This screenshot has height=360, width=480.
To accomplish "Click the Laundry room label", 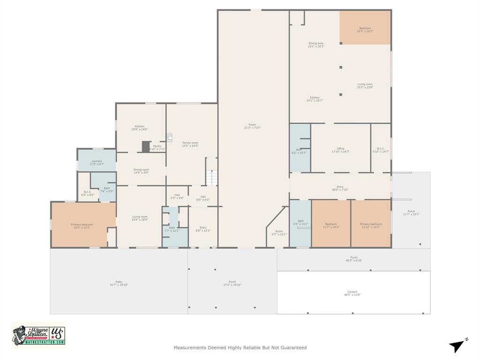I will point(97,163).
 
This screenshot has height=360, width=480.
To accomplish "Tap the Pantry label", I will point(157,147).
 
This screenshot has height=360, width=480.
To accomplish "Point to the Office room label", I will point(340,150).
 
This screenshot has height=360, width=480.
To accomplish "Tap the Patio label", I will point(119,283).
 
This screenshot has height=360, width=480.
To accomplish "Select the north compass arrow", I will point(457,345).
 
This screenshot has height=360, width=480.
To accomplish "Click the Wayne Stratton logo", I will point(38,335).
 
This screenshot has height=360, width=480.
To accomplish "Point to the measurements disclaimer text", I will point(240,348).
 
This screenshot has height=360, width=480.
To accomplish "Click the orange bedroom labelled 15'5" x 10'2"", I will point(365,30).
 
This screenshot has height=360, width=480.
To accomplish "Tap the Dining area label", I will point(316,45).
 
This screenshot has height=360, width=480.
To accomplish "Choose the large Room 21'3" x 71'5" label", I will point(252,126).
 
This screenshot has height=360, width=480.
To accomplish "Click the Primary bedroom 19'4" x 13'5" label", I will point(82,226).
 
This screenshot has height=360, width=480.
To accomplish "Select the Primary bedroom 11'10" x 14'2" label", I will point(371,225).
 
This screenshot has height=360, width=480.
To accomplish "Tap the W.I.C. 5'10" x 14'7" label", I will point(381,150).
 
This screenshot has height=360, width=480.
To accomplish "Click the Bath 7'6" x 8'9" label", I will point(107,189).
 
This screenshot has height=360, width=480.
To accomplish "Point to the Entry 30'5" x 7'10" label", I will point(340,188).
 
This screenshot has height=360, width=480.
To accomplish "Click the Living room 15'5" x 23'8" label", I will point(365,86).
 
